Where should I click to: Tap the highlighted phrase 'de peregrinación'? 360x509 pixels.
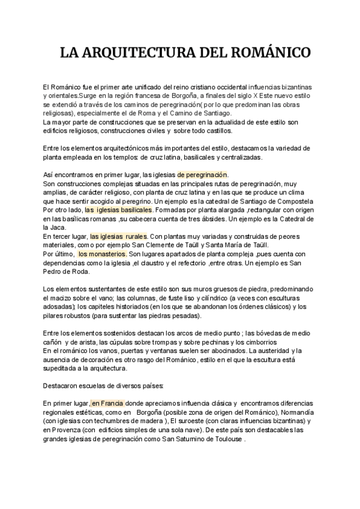click(x=202, y=175)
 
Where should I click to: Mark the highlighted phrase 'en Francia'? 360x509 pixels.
click(x=107, y=403)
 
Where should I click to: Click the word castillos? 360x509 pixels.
click(x=215, y=131)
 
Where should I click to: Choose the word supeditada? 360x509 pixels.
click(x=62, y=368)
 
